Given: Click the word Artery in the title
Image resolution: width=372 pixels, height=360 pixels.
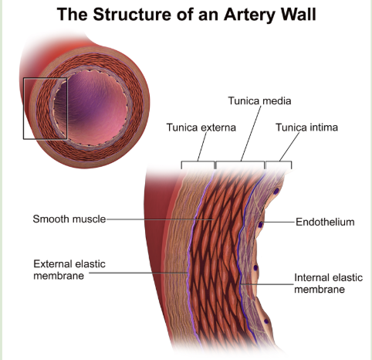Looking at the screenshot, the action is (x=250, y=15).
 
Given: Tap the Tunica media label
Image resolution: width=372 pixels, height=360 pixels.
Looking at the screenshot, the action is (x=259, y=100).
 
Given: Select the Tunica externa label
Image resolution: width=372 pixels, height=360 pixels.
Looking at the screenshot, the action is (x=201, y=127).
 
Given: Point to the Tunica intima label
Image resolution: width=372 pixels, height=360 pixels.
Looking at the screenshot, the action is (x=306, y=127).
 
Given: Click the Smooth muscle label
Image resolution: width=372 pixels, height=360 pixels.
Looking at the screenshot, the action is (x=69, y=219).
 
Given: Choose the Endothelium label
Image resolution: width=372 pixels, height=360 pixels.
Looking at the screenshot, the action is (x=325, y=222).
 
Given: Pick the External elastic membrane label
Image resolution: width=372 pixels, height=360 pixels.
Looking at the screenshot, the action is (x=69, y=270).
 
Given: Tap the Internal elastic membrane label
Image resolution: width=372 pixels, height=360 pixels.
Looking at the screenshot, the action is (x=328, y=284).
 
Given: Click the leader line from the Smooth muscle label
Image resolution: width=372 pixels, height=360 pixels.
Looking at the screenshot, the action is (x=160, y=219).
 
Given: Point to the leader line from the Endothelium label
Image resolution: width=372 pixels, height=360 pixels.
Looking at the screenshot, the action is (x=279, y=222).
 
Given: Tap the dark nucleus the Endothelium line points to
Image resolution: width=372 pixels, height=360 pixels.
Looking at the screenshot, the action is (x=261, y=225).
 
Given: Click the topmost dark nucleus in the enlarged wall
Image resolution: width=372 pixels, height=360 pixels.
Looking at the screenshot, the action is (x=276, y=191).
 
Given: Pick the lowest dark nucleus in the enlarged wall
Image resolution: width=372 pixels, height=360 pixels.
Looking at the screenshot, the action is (x=266, y=321).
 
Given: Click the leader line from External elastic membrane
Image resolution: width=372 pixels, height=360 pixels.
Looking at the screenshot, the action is (x=138, y=273).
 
